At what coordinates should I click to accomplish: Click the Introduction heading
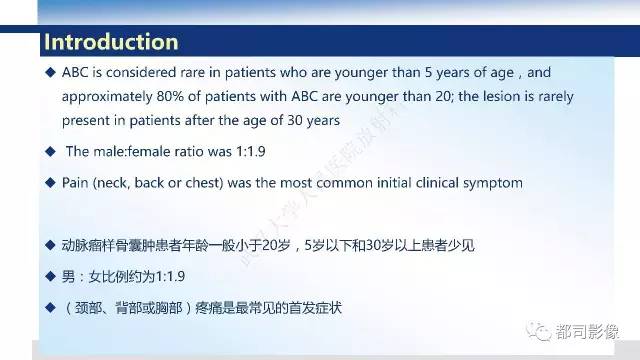[x=111, y=42]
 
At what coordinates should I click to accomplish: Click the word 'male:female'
[x=128, y=152]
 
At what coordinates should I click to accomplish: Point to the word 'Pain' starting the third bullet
[x=76, y=184]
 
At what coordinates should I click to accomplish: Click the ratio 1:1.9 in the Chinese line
[x=166, y=276]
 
